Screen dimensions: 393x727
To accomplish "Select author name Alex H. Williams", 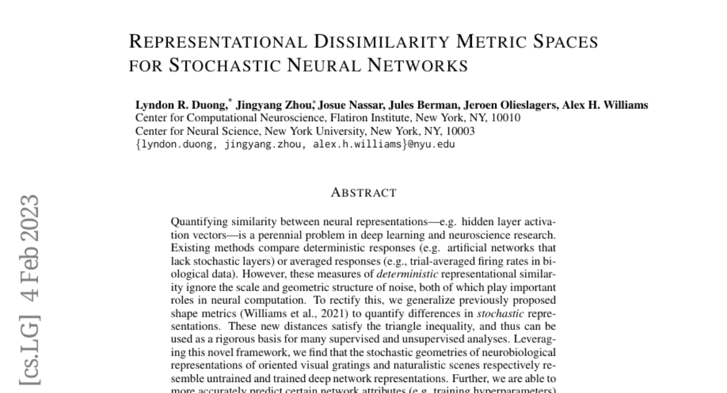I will [605, 105].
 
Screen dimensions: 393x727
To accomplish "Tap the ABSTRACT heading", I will [363, 193].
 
